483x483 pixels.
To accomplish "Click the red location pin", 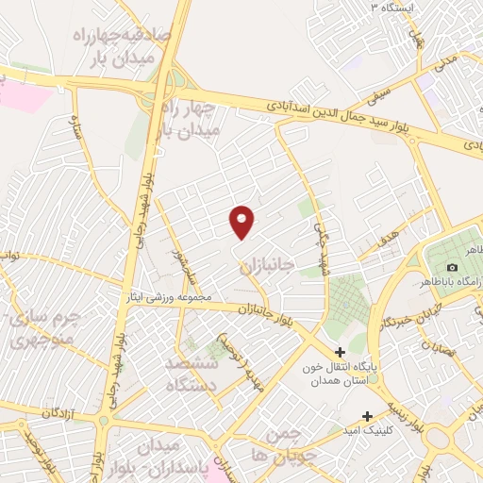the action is pos(242,222).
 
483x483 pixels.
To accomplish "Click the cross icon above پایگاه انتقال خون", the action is pos(339,352).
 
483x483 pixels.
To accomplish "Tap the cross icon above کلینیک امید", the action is pos(367,415).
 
